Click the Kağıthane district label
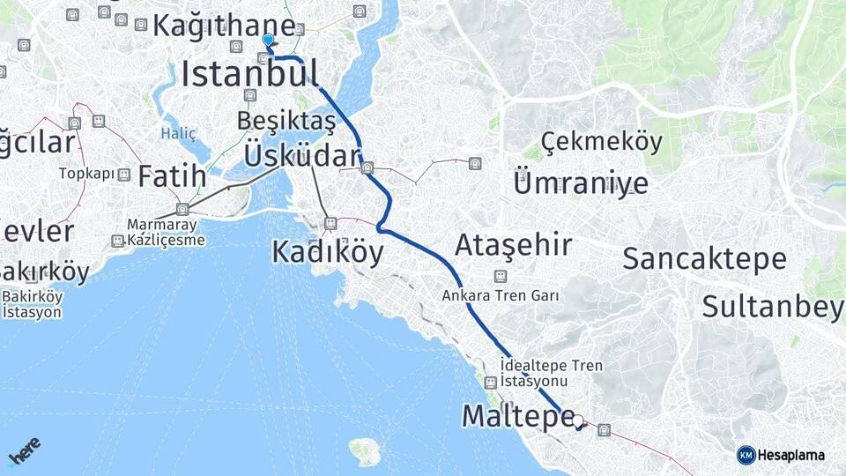[224, 25]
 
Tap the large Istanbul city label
[249, 74]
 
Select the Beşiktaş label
[286, 119]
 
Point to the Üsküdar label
[301, 155]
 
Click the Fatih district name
[172, 175]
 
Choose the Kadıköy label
[327, 253]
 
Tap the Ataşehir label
[513, 245]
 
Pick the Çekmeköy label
[601, 141]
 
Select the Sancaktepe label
[704, 258]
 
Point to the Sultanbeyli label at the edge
[773, 306]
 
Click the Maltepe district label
[518, 416]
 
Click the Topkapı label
[87, 174]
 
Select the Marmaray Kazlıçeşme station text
[166, 233]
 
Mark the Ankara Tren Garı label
[501, 295]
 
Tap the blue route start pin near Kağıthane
[268, 41]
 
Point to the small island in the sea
[365, 451]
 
